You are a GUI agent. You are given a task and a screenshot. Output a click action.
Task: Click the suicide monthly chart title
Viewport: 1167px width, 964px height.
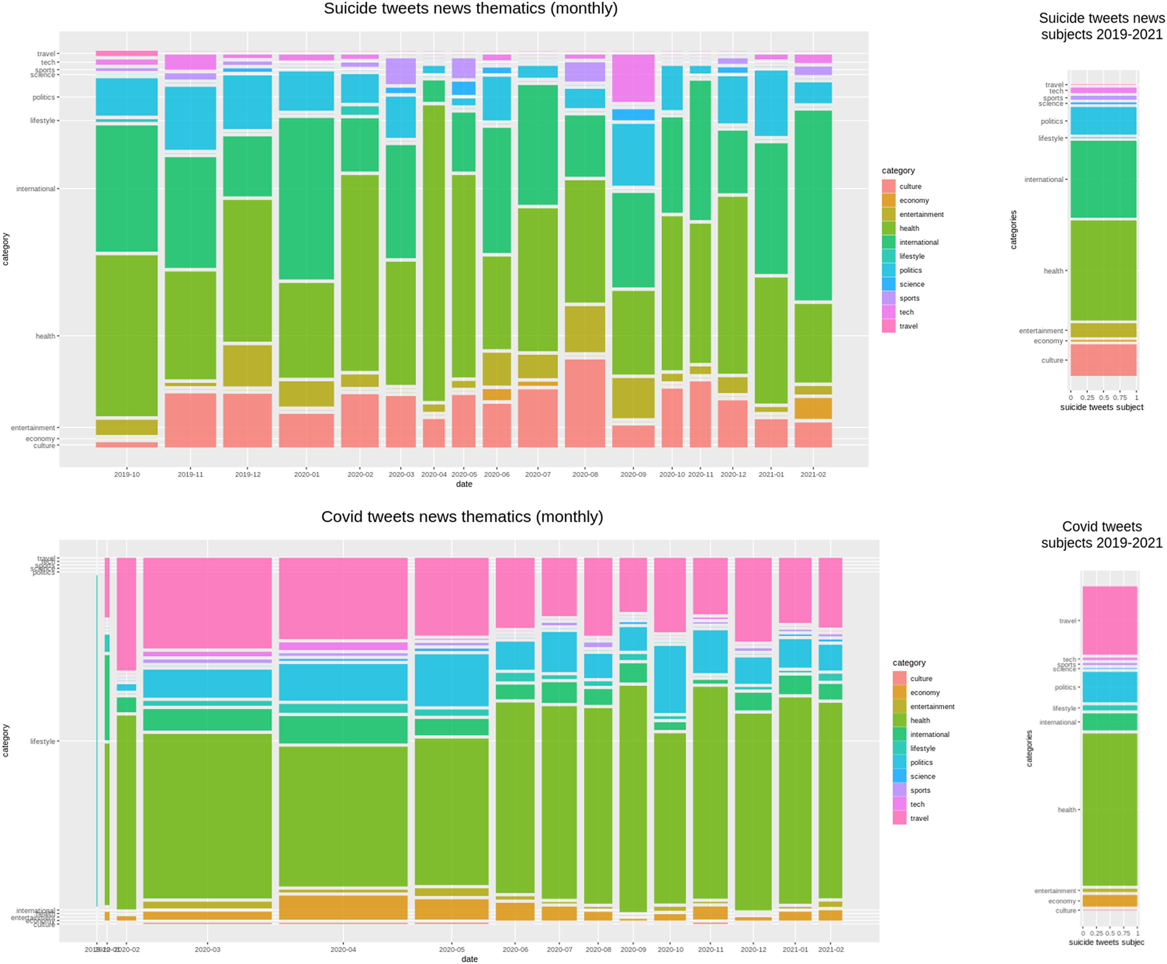click(470, 9)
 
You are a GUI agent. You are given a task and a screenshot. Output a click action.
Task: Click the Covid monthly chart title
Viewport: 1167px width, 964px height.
click(462, 516)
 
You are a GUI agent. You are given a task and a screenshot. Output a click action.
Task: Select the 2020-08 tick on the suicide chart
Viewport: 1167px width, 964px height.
click(585, 474)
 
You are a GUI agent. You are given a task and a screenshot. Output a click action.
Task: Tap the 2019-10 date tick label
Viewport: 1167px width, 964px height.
click(127, 474)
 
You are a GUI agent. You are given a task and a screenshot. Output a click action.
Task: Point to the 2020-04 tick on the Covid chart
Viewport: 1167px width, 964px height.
click(343, 950)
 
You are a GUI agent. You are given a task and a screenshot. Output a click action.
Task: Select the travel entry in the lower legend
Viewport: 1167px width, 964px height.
click(919, 818)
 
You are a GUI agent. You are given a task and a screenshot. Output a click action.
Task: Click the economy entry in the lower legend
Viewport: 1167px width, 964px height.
click(924, 693)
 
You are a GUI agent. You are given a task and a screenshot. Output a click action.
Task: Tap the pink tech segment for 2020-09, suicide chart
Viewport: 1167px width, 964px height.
click(633, 78)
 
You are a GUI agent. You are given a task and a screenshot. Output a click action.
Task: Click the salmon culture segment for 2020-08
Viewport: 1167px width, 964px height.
click(585, 403)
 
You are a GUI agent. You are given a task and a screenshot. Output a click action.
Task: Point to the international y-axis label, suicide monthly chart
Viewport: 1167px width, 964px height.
click(35, 189)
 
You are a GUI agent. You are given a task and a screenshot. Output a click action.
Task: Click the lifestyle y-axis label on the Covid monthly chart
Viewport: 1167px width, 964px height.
click(42, 741)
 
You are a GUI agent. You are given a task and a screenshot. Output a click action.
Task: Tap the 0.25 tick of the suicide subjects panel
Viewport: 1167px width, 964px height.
click(1087, 397)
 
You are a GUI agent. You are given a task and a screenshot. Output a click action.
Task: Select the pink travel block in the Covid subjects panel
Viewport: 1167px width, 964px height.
click(1109, 620)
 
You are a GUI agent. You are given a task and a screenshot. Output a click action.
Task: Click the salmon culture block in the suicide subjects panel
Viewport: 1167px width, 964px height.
click(1103, 360)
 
